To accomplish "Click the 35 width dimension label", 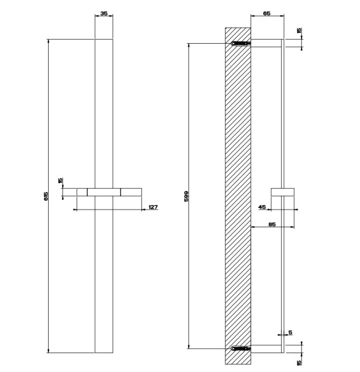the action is [104, 13].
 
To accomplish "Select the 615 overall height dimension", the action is [46, 196].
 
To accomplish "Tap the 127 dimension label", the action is [153, 207].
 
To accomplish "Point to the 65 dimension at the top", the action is [267, 13].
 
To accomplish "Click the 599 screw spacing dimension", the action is [186, 196].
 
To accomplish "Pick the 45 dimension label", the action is [262, 207].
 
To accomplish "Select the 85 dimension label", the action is [272, 224].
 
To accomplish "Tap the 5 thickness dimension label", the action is [291, 333].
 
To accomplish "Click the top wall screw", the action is [240, 44].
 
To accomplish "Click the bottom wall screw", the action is [240, 349].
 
